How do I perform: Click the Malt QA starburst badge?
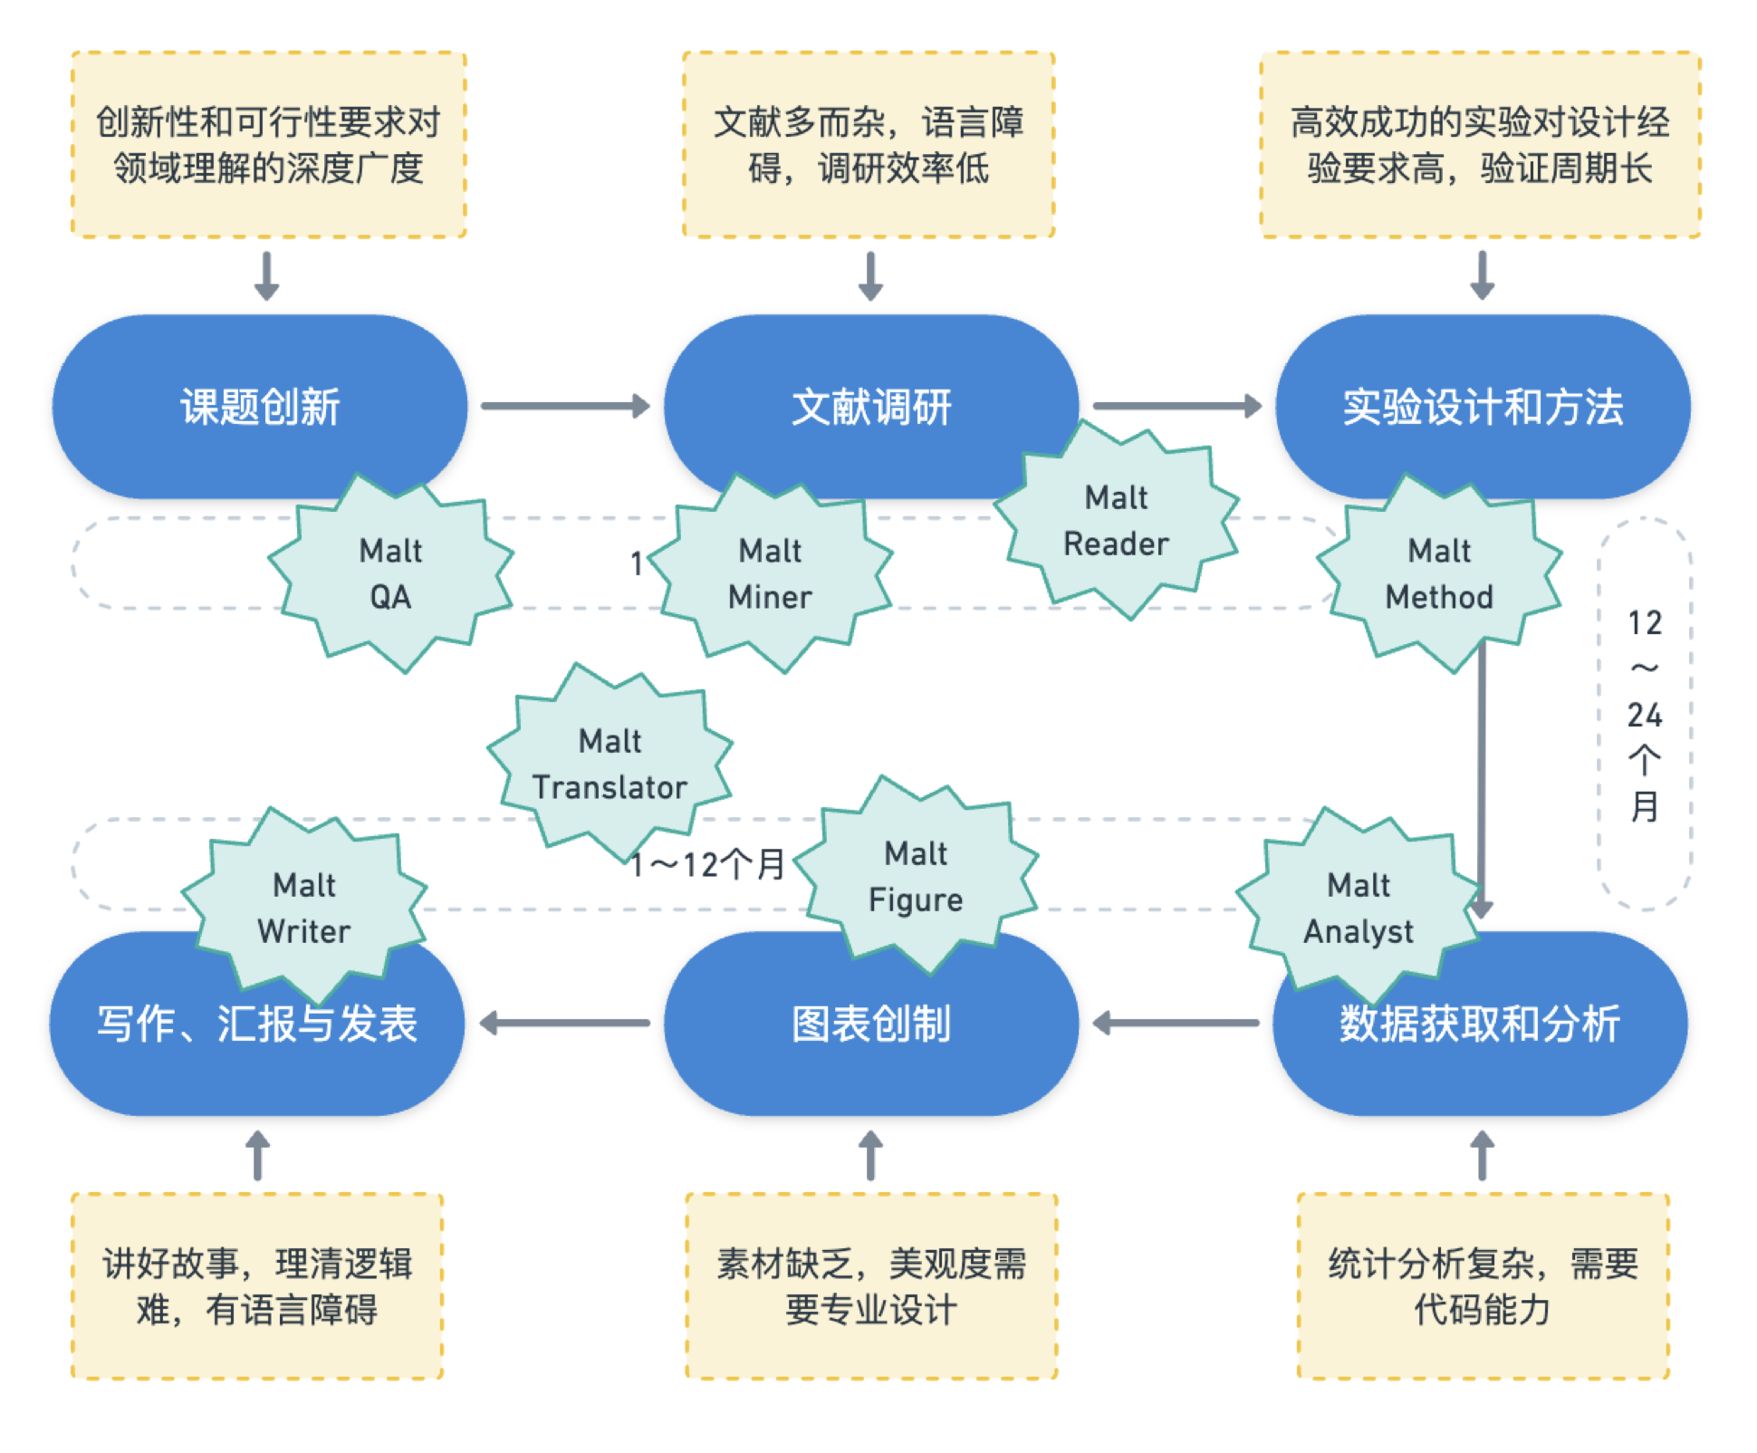coord(390,573)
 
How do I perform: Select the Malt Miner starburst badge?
coord(770,573)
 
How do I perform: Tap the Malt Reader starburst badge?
coord(1116,521)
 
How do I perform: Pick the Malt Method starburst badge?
coord(1439,573)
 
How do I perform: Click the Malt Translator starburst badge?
coord(610,764)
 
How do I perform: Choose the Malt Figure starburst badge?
coord(916,876)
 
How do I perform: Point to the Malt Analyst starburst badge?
coord(1358,908)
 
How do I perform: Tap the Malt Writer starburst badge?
coord(304,908)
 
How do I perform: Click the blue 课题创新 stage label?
coord(260,407)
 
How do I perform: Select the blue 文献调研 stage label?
coord(871,407)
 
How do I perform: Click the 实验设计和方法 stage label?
coord(1483,407)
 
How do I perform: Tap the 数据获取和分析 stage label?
coord(1480,1025)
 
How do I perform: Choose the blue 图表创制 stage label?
coord(871,1025)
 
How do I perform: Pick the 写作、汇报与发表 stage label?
coord(257,1025)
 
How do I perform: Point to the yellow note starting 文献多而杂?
coord(869,145)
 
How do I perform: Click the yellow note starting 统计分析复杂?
coord(1483,1286)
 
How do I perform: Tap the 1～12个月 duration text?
coord(707,865)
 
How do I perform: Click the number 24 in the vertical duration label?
coord(1645,716)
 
